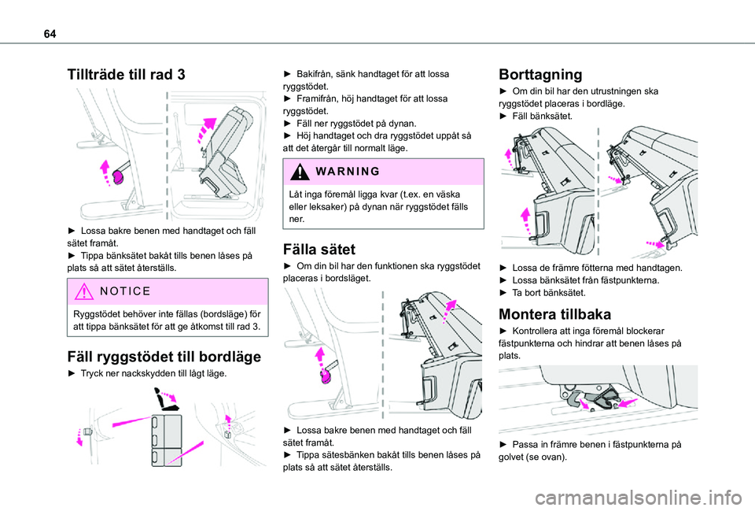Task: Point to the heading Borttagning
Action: [x=540, y=75]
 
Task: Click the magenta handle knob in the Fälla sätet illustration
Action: [x=325, y=378]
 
